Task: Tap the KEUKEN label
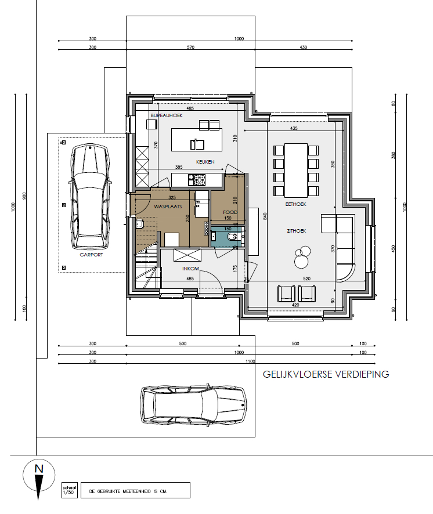[206, 162]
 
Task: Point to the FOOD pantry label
[230, 212]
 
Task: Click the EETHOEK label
[295, 204]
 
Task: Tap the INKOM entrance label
[191, 269]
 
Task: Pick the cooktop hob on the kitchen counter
[194, 180]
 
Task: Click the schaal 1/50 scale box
[69, 490]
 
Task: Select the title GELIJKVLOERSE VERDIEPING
[326, 374]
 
